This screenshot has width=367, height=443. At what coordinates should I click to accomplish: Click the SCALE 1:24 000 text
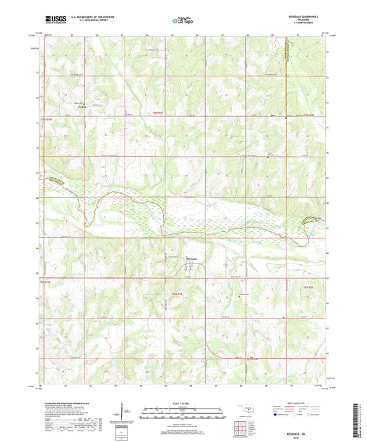pos(183,404)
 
